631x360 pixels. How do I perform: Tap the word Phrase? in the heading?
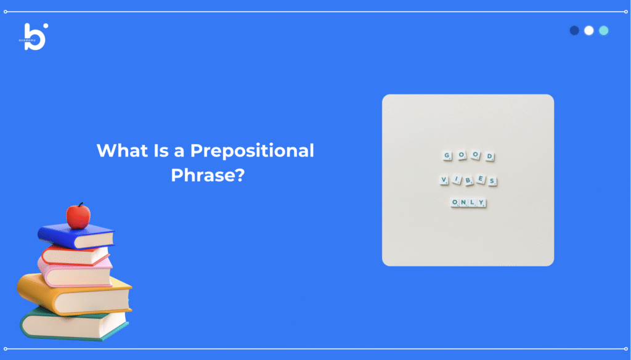click(x=208, y=175)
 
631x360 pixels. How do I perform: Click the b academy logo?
click(x=34, y=36)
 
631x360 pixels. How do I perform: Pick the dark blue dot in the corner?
click(x=574, y=31)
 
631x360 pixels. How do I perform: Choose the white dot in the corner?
click(x=588, y=31)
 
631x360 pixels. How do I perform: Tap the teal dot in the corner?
click(x=604, y=31)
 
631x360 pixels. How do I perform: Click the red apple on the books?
click(x=78, y=216)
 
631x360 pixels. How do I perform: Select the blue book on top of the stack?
click(x=76, y=236)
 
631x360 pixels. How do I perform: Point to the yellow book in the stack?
click(x=75, y=295)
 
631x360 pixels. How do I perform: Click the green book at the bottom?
click(x=75, y=324)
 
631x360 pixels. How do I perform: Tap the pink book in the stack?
click(x=75, y=272)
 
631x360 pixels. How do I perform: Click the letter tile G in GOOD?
click(x=447, y=155)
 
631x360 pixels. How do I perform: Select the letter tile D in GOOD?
click(x=490, y=157)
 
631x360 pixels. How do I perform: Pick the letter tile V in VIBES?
click(x=444, y=180)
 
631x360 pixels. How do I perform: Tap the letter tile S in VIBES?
click(x=492, y=181)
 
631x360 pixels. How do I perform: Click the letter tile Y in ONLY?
click(x=481, y=203)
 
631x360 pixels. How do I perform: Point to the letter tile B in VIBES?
click(x=468, y=181)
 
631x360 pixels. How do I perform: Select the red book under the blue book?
click(x=76, y=255)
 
